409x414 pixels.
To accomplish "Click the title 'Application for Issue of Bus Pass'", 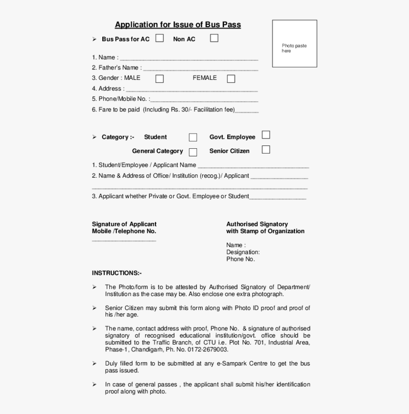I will tap(177, 25).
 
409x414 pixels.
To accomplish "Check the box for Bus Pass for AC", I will tap(160, 38).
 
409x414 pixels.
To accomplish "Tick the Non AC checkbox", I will tap(214, 38).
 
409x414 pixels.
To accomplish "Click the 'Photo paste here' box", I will tap(294, 43).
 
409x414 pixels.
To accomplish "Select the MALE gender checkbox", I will tap(160, 79).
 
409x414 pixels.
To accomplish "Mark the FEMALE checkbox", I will tap(231, 79).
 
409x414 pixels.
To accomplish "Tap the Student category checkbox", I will tap(193, 137).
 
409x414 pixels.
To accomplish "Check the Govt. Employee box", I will tap(266, 135).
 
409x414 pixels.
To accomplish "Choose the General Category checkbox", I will tap(193, 152).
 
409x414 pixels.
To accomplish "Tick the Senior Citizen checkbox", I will tap(266, 150).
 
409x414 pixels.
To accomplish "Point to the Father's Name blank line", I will tap(200, 69).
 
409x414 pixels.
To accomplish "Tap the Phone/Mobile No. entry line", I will tap(204, 101).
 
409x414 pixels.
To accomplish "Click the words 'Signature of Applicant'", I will tap(124, 224).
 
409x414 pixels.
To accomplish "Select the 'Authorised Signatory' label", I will tap(257, 224).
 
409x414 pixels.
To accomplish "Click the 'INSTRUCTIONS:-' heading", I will tap(117, 273).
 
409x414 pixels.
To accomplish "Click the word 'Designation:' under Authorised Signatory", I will tap(243, 252).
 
